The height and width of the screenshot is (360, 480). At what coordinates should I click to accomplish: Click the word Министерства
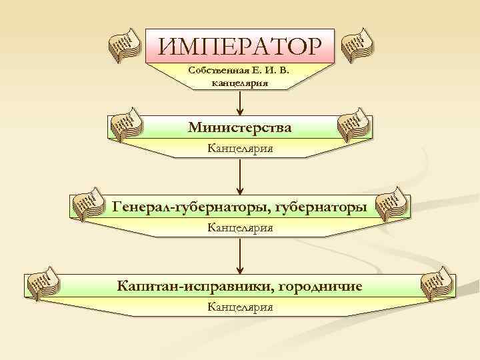coord(239,126)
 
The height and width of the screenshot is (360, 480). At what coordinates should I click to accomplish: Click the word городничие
coord(319,286)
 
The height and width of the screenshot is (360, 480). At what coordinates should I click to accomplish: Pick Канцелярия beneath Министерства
coord(239,148)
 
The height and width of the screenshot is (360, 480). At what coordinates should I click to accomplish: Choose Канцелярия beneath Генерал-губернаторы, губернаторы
coord(239,228)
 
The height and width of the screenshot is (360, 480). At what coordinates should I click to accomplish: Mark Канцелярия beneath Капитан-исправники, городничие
coord(239,307)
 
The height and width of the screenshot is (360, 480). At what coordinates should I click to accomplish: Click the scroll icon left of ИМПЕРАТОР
coord(125,46)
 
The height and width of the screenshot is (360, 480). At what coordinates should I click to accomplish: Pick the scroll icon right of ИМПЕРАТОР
coord(357,45)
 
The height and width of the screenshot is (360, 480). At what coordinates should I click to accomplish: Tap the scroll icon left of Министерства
coord(125,125)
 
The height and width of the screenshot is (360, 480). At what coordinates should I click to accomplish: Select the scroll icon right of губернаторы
coord(393,205)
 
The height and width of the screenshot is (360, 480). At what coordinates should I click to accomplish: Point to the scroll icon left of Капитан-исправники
coord(41,283)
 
